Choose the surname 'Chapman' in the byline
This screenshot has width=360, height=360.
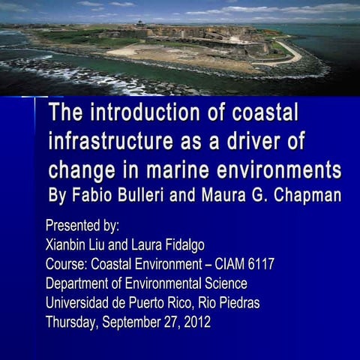(304, 195)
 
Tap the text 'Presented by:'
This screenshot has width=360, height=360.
(82, 225)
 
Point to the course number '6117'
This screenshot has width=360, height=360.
(259, 264)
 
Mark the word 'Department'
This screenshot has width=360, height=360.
(77, 283)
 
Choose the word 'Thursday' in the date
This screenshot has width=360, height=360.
(70, 322)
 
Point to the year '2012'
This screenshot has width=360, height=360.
(196, 322)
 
